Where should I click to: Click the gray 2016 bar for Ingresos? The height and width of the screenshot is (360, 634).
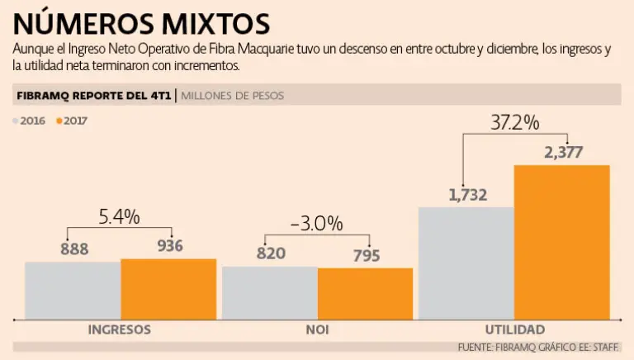[73, 290]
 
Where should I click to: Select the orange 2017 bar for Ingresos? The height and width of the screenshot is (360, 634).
[168, 288]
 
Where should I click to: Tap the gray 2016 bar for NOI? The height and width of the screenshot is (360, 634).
[270, 292]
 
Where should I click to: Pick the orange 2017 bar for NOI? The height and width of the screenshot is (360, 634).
[365, 293]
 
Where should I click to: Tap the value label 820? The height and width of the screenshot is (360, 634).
[271, 253]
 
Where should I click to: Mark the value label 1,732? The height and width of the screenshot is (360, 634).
[468, 196]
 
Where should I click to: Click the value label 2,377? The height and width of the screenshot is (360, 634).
[564, 152]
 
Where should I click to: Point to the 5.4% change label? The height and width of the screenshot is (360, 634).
[119, 217]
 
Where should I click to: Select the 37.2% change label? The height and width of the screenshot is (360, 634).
[514, 123]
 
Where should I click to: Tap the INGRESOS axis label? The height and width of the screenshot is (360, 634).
[120, 329]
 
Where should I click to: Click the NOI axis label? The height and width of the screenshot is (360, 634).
[318, 329]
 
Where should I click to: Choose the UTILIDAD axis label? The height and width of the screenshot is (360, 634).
[515, 329]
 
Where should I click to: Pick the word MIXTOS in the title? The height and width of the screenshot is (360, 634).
[201, 20]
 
